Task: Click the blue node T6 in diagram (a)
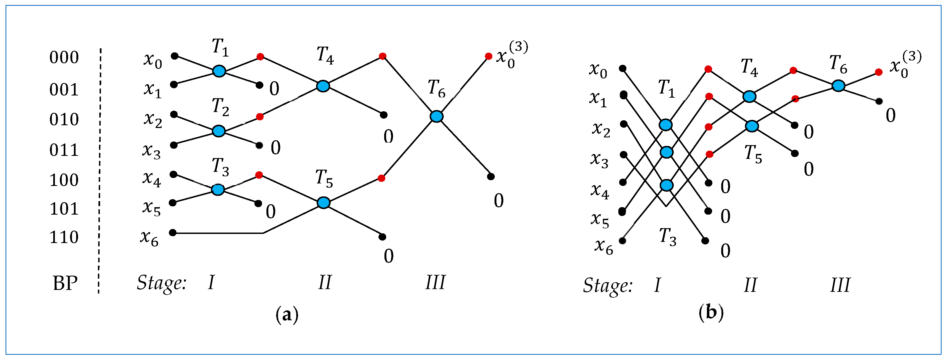(436, 116)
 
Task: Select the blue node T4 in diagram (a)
(323, 86)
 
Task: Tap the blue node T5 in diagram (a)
(323, 202)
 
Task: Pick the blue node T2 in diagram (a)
(219, 131)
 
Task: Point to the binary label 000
(64, 58)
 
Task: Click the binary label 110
(64, 237)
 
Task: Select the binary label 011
(64, 150)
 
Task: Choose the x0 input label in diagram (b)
(598, 70)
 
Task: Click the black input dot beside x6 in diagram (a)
(173, 233)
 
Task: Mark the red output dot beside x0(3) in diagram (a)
(488, 56)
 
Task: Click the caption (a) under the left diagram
(287, 314)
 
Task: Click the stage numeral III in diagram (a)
(435, 282)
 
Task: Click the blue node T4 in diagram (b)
(749, 97)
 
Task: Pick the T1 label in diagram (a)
(220, 48)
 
